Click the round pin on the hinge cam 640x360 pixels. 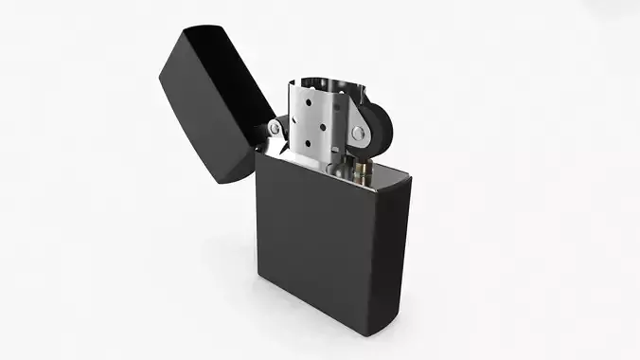click(275, 126)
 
